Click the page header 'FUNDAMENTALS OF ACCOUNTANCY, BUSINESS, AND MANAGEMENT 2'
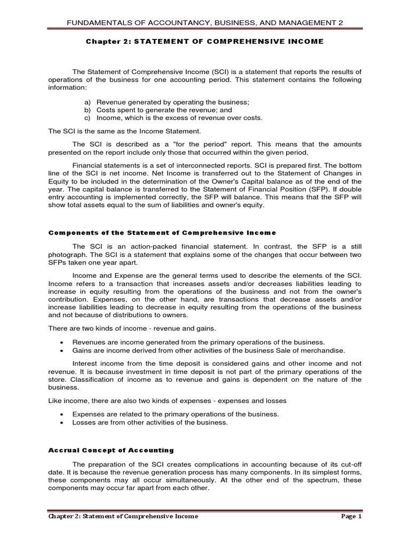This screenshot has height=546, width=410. (x=205, y=22)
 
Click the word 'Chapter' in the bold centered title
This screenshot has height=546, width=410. (x=105, y=42)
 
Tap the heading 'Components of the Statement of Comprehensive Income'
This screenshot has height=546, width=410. (x=162, y=232)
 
